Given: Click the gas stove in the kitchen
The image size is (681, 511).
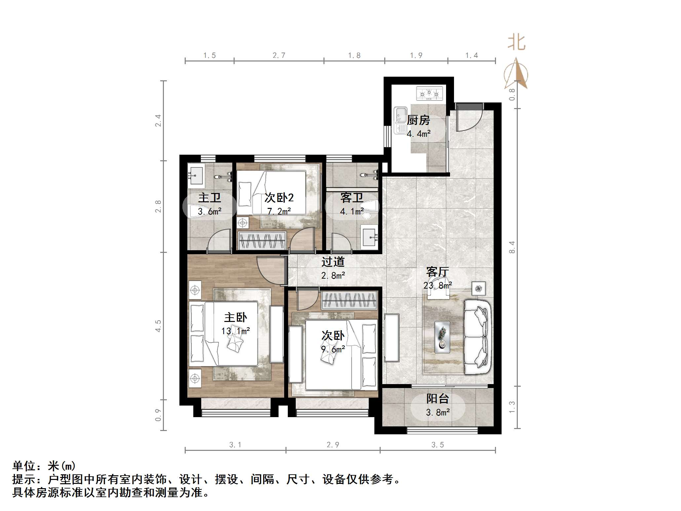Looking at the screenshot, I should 429,93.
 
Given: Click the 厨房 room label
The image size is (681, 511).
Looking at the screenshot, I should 418,120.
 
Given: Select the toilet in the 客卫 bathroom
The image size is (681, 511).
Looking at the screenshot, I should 370,208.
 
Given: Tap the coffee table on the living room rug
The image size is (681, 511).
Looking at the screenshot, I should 442,337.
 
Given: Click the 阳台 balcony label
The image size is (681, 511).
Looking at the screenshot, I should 437,399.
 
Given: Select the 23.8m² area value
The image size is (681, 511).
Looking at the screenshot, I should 437,285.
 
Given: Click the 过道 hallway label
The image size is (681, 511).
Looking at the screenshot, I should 333,262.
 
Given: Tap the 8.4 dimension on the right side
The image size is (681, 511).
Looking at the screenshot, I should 512,247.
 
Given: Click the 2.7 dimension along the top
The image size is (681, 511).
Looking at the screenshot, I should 279,56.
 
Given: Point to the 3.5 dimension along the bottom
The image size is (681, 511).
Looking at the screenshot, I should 437,445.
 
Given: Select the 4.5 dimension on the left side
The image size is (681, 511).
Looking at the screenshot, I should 158,326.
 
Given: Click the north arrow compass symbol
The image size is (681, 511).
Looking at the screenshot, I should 516,74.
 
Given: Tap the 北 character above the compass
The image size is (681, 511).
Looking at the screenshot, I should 516,43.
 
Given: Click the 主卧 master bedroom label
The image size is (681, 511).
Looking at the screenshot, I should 235,318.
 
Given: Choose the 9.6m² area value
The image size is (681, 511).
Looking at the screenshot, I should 333,349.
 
